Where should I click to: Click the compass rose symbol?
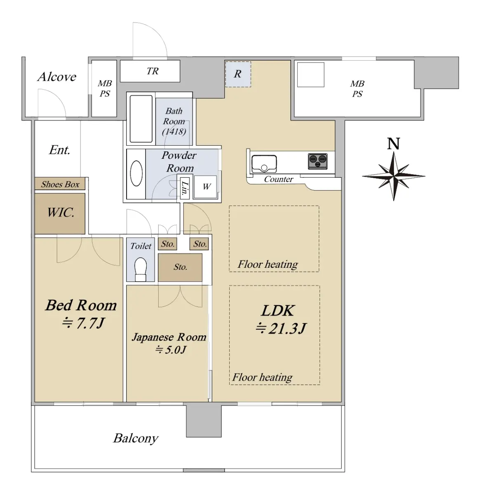tap(393, 176)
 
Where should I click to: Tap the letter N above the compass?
tap(393, 144)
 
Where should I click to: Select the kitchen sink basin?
tap(264, 164)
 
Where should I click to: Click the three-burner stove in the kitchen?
tap(317, 161)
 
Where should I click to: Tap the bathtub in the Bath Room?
tap(141, 119)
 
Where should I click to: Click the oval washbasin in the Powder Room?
tap(136, 173)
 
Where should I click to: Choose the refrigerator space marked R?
tap(238, 74)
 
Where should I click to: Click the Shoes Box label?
tap(60, 184)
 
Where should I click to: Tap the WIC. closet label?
tap(61, 212)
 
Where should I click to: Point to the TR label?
tap(152, 71)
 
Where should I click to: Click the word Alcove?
tap(57, 77)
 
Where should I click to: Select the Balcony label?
tap(136, 438)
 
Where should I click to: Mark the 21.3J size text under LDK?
tap(281, 328)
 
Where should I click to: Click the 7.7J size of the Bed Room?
tap(83, 323)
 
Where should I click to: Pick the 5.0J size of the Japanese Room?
tap(171, 349)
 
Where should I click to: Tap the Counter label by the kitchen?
tap(279, 179)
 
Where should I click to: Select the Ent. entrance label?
tap(59, 150)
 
